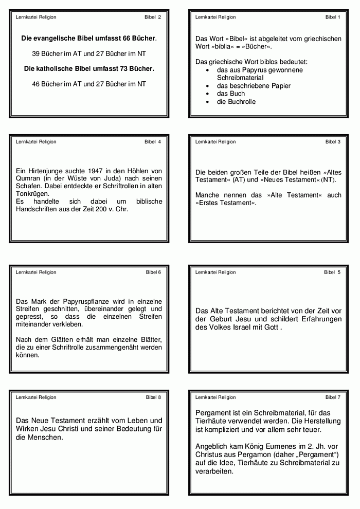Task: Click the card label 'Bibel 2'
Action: pos(153,17)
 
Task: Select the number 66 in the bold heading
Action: pos(128,38)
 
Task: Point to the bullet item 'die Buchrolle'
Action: pos(236,102)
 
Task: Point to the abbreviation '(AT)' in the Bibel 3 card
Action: pos(238,180)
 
